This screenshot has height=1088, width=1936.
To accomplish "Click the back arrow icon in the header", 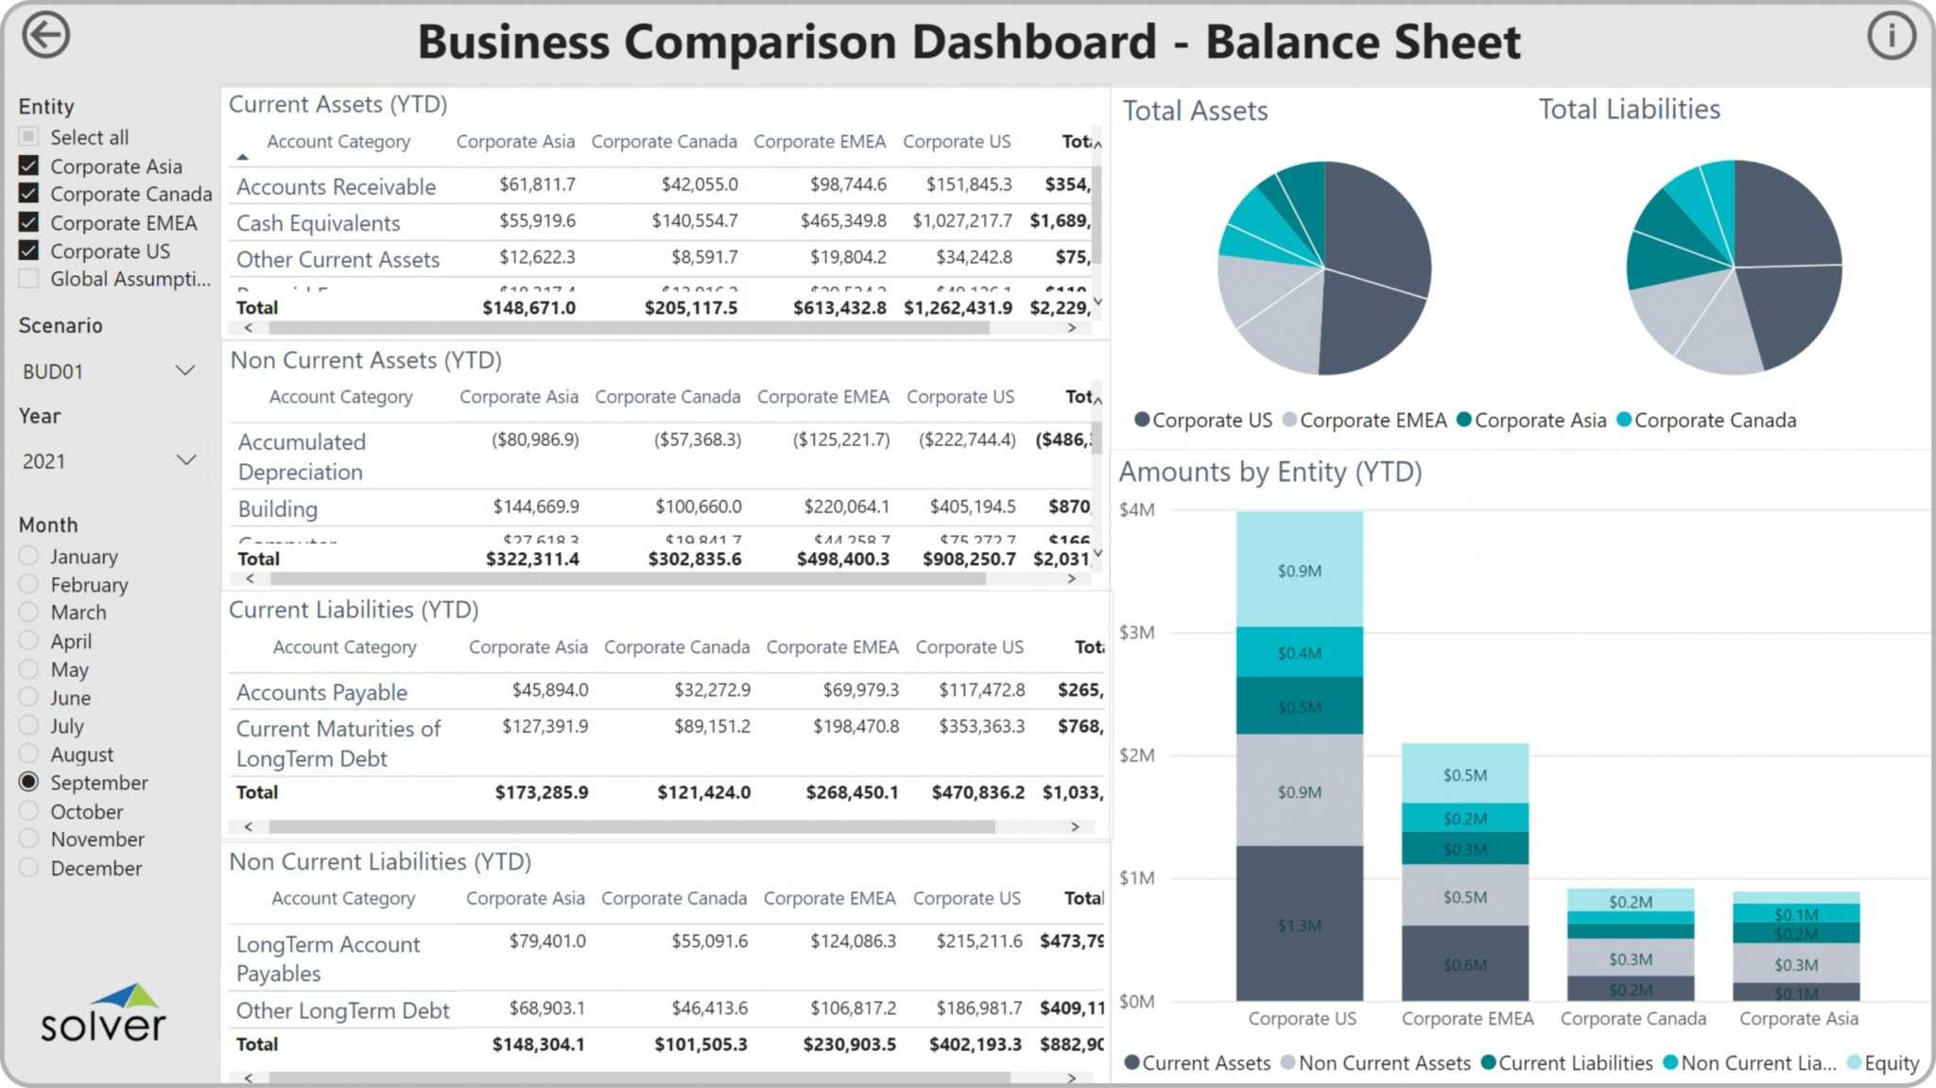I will click(x=45, y=36).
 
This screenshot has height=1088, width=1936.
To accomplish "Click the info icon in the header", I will click(x=1891, y=36).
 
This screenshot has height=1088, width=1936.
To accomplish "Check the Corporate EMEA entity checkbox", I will click(x=28, y=223).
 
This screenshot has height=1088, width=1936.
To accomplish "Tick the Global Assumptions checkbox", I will click(x=28, y=279).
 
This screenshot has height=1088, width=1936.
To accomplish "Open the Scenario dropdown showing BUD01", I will click(x=108, y=371).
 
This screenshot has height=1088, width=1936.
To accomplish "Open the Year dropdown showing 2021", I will click(x=108, y=461).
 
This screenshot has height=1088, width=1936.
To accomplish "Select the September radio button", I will click(x=28, y=783).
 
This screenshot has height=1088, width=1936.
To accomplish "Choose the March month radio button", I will click(x=28, y=613).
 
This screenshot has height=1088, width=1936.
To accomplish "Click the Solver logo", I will click(x=103, y=1013).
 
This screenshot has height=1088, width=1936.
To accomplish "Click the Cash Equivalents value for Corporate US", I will click(x=961, y=221).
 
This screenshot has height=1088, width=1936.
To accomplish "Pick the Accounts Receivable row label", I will click(x=336, y=187).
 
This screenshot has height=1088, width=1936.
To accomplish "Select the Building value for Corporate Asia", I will click(x=535, y=507).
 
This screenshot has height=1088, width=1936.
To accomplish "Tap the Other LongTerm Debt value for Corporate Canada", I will click(x=709, y=1009).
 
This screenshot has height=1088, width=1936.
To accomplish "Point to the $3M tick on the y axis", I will click(x=1136, y=632).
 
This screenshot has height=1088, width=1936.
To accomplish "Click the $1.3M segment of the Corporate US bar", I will click(x=1299, y=924).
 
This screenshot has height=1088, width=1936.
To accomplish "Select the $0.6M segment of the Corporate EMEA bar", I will click(x=1464, y=964).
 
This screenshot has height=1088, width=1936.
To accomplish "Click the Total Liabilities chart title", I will click(x=1629, y=110).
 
